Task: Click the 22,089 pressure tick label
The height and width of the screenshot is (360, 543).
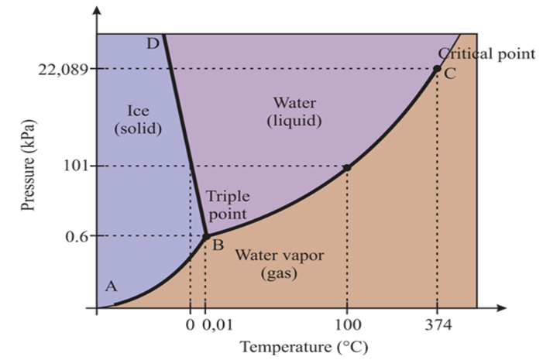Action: [x=60, y=69]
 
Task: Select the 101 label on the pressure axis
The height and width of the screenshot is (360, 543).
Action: [x=73, y=166]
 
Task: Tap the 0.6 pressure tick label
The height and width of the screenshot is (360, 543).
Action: [x=73, y=235]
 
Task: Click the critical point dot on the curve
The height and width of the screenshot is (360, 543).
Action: [x=437, y=69]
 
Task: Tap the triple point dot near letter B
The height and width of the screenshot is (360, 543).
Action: [x=206, y=235]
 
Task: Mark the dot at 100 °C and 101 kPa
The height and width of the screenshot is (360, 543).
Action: [x=346, y=166]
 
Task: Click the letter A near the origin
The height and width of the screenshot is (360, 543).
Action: [x=111, y=286]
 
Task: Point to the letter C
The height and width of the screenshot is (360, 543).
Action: [x=450, y=74]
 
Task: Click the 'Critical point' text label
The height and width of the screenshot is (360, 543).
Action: [x=486, y=53]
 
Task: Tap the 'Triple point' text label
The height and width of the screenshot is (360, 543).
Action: [x=227, y=204]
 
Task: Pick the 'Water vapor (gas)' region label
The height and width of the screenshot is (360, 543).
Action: [x=280, y=263]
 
